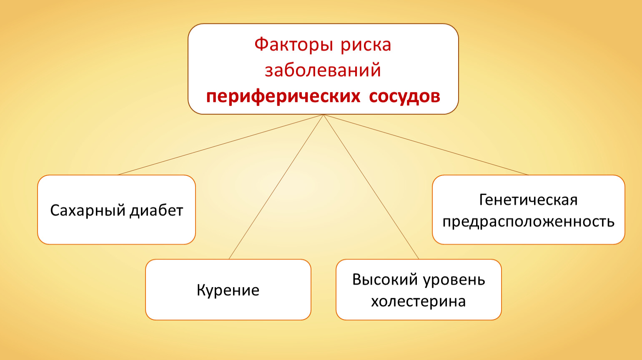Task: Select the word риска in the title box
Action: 366,46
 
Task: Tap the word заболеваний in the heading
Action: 323,70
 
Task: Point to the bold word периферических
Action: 283,97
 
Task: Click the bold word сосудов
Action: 404,97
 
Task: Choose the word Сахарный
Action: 88,211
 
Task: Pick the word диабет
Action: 156,211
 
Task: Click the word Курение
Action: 228,290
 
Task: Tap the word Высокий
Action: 385,280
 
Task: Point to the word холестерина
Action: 419,302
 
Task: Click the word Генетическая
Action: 528,200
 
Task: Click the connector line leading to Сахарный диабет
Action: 221,145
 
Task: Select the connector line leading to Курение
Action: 276,187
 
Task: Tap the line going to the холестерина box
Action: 371,187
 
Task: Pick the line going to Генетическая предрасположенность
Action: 426,145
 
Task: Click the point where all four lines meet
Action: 324,115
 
